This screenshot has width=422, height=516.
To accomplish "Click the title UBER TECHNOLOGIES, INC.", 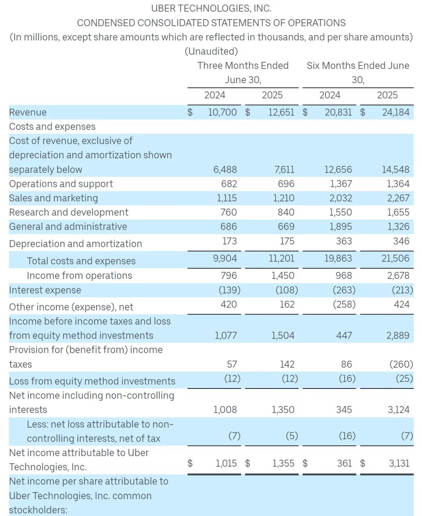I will coord(211,8).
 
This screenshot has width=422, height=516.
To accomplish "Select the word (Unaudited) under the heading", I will coord(211,51).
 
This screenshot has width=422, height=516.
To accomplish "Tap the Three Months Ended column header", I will coord(243,66).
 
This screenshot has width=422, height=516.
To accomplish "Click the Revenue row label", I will coord(28,112).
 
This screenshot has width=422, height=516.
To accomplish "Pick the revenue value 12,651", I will coord(281,112).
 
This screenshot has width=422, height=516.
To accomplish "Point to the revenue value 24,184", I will coord(395,112).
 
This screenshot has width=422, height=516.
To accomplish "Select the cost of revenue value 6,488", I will coord(225,169).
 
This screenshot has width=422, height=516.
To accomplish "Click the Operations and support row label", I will coord(61,184).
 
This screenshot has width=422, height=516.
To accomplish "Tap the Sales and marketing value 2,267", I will coord(398,198).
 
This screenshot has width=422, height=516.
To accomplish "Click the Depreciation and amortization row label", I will coord(75,244).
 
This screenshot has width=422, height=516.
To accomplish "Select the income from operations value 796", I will coord(229,275).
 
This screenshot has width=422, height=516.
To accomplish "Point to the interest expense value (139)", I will coord(229,290).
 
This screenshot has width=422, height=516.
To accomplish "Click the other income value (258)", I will coord(344,304).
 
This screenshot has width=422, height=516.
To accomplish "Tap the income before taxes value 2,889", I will coord(398,335).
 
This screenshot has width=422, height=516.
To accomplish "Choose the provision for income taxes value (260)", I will coord(401,364).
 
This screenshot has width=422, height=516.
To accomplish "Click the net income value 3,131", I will coord(399,463).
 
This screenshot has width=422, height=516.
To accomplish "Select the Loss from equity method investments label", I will coord(92,381).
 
